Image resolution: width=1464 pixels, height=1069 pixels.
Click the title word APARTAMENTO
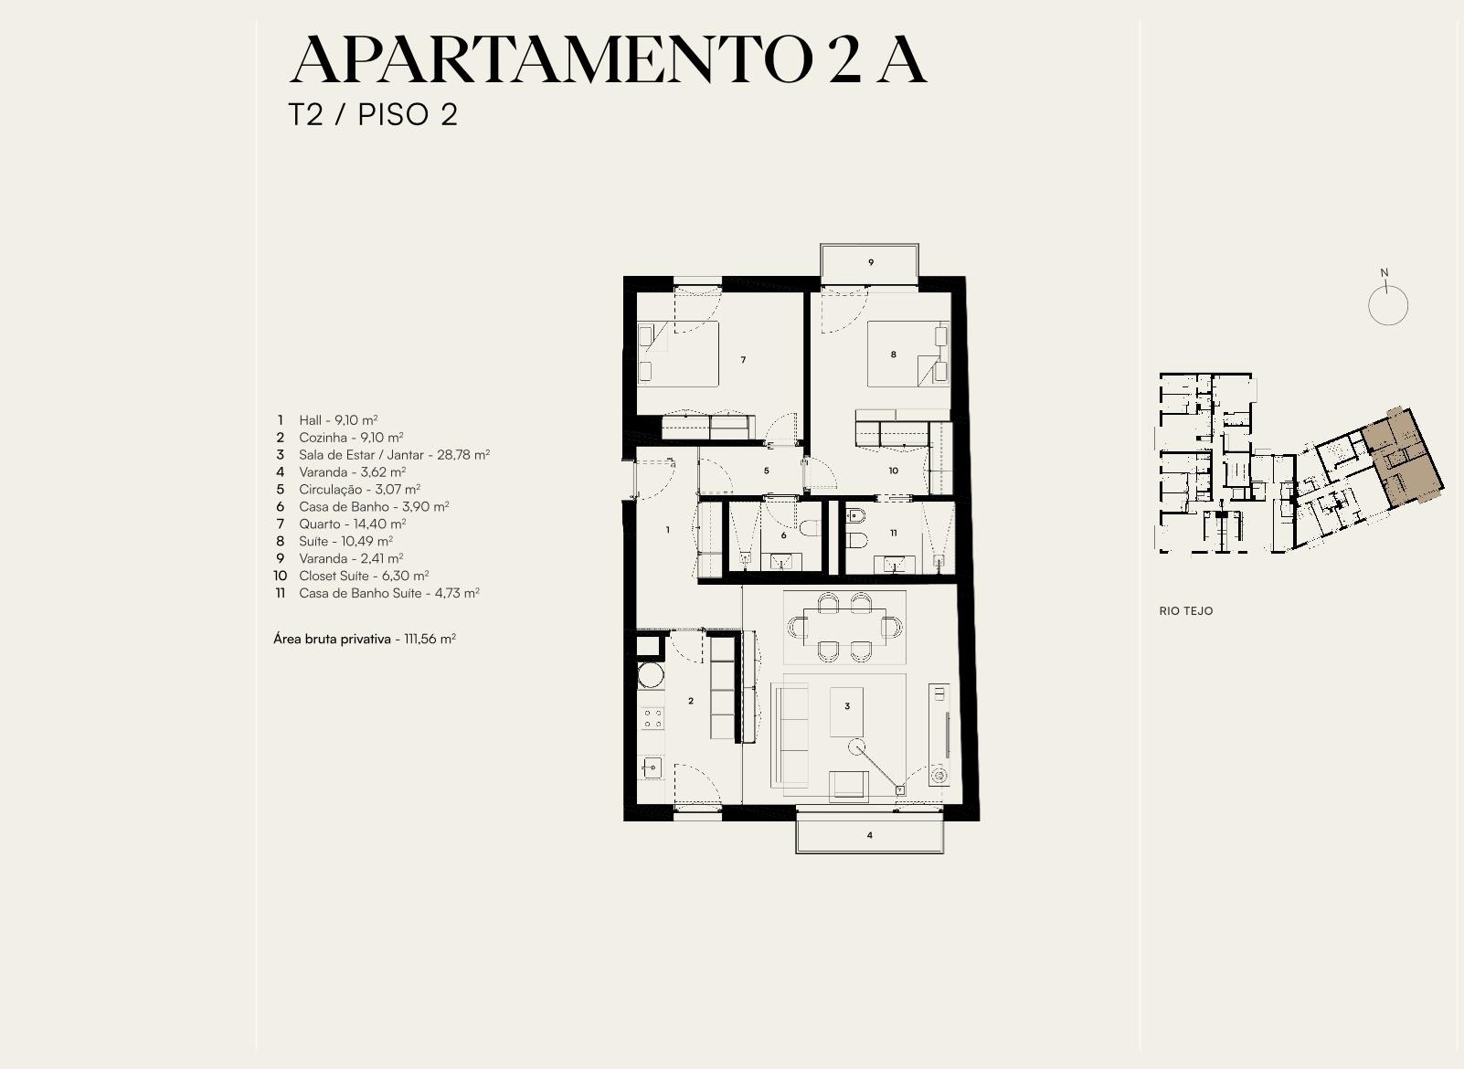point(551,60)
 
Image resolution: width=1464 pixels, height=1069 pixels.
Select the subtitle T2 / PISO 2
point(373,114)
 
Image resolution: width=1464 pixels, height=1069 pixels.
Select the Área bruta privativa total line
point(365,639)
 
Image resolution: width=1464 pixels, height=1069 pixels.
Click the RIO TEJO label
point(1185,611)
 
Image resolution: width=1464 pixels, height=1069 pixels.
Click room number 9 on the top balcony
point(871,262)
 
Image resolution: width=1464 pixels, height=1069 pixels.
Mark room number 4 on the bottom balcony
point(869,835)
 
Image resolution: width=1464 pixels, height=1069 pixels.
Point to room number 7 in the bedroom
point(743,360)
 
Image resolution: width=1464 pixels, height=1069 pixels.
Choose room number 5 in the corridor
point(767,471)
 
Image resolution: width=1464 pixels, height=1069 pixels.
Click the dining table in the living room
point(844,627)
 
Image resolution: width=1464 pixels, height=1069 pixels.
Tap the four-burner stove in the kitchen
point(652,718)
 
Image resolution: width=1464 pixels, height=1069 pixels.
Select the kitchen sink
point(652,767)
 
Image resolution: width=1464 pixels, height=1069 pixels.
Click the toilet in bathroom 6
point(810,528)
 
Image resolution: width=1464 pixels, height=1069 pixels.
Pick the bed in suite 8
point(907,355)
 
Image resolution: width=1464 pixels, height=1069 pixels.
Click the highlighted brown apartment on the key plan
point(1403,458)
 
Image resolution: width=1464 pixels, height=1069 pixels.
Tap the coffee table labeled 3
point(847,712)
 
